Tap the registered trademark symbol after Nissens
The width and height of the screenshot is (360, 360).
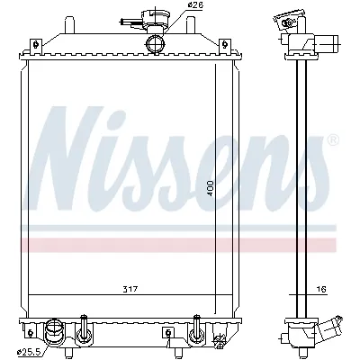point(333,141)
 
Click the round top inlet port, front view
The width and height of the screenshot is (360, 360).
point(155,45)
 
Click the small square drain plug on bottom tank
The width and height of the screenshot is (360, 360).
point(167,334)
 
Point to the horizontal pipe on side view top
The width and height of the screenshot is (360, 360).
point(328,42)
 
